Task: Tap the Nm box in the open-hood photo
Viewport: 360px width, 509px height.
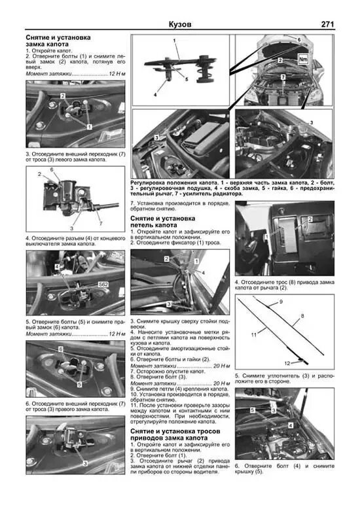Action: tap(302, 58)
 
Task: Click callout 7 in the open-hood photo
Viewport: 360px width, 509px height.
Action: tap(283, 77)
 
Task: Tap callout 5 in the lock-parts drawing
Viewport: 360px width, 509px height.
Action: tap(185, 79)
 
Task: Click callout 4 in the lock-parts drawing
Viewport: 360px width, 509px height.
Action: tap(156, 95)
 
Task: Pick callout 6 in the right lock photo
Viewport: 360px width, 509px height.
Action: tap(60, 350)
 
